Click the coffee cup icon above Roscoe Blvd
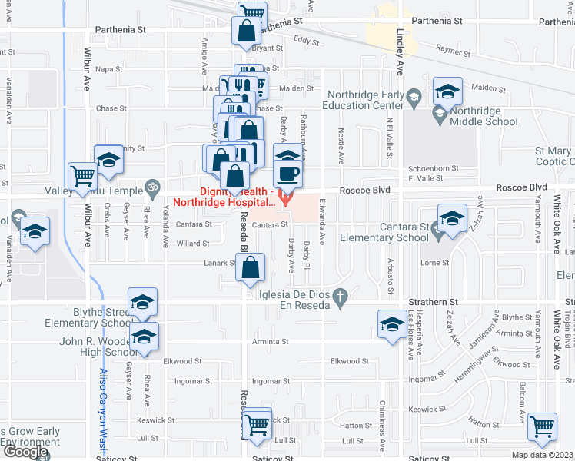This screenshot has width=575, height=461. [287, 173]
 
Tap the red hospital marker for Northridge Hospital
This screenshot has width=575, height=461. [285, 201]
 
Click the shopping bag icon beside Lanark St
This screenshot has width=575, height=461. [251, 268]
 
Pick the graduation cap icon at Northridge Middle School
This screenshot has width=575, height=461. [447, 92]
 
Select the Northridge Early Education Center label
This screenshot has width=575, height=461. [365, 101]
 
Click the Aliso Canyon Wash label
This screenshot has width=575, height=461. [102, 407]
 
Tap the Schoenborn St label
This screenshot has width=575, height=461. [434, 167]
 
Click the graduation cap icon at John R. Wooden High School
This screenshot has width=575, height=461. [143, 337]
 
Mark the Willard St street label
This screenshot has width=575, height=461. [193, 244]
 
